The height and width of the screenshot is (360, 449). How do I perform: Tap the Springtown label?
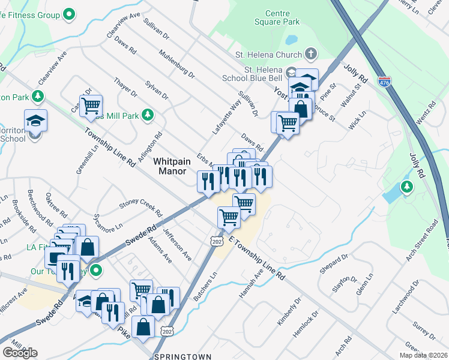click(x=183, y=356)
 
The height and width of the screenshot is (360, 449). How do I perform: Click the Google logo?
click(x=20, y=353)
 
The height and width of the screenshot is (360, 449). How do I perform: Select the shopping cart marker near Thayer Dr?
click(x=91, y=106)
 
